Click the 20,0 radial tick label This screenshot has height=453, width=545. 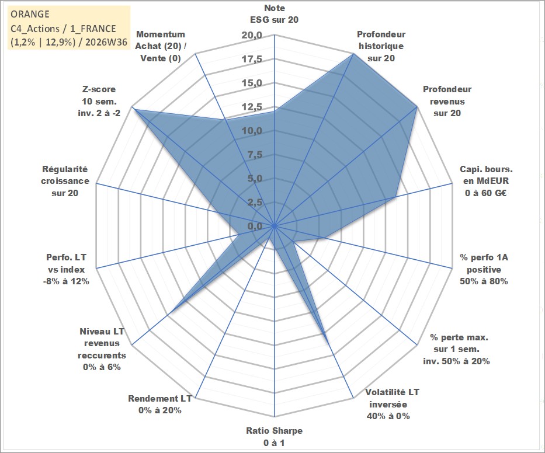coord(252,36)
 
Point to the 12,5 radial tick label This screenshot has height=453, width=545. coord(252,107)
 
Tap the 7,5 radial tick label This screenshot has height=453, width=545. coord(255,155)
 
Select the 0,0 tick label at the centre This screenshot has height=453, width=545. coord(255,226)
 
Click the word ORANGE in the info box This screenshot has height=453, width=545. coord(30,14)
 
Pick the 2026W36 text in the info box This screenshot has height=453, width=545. coord(106,42)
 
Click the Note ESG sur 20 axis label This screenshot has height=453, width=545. coord(274,14)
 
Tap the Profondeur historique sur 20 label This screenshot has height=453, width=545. coord(381,46)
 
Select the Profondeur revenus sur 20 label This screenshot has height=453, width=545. coord(447,101)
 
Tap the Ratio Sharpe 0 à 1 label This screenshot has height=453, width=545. coord(274,437)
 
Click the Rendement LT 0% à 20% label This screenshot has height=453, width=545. coord(160,405)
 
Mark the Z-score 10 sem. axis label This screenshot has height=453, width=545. coord(99,101)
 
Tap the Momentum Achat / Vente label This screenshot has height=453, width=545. coord(161,46)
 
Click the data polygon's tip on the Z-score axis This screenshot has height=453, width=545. coord(134,110)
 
